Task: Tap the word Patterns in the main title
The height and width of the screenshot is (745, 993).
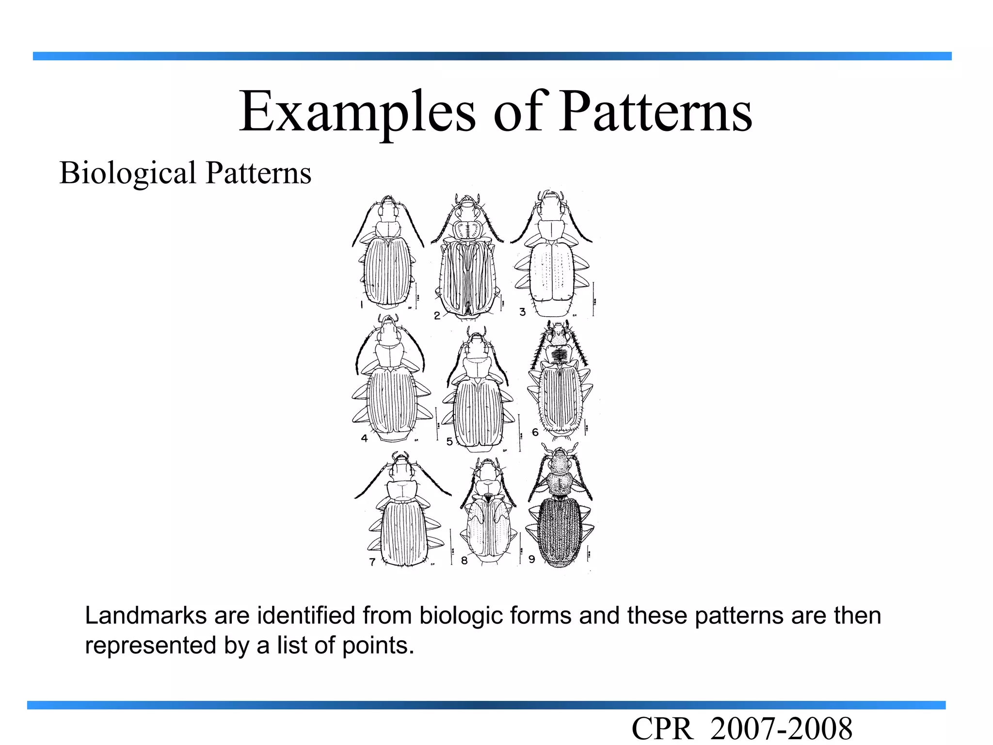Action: [656, 113]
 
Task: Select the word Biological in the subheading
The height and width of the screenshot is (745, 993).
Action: [128, 173]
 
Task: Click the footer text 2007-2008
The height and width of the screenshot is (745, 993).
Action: [781, 729]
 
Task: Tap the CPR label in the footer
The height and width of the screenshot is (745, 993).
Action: [662, 729]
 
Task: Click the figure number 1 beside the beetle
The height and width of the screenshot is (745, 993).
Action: [362, 305]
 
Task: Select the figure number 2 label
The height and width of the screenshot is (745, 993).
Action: [437, 316]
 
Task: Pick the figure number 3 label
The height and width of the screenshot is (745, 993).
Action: [522, 312]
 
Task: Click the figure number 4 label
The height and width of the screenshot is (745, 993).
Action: [364, 438]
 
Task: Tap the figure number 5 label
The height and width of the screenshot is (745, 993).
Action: [449, 441]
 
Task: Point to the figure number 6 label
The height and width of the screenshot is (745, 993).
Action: [535, 432]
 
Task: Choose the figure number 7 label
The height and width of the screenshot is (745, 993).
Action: [372, 562]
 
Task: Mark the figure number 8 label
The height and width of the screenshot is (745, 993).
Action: [464, 561]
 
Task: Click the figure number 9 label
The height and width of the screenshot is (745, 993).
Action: [531, 559]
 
